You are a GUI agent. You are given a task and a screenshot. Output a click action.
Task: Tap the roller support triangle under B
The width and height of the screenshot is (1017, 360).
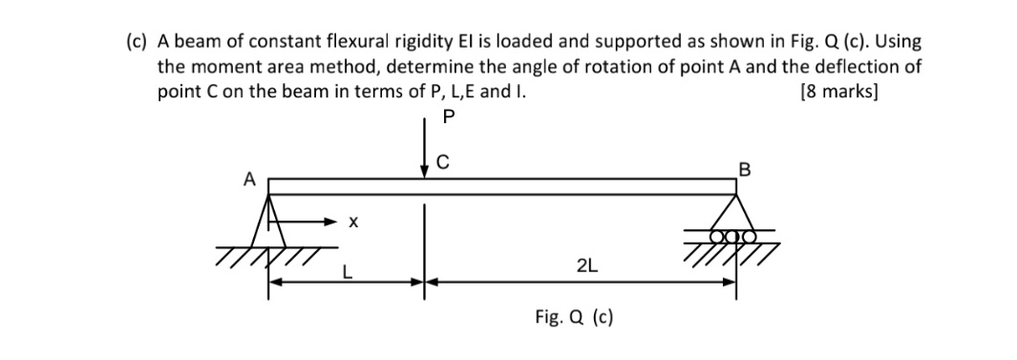735,210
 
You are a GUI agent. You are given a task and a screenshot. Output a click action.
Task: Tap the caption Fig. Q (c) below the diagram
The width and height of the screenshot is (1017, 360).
574,316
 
